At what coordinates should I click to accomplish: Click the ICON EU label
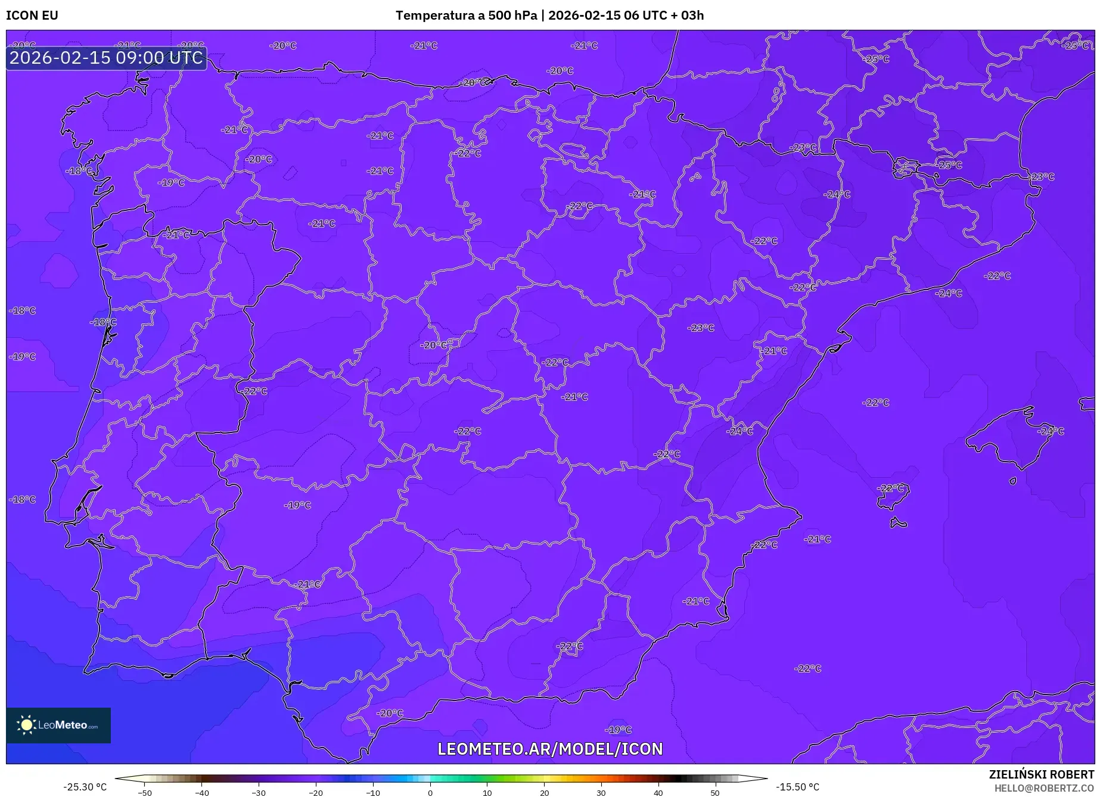pos(32,15)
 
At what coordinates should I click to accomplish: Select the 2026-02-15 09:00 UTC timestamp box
pos(106,58)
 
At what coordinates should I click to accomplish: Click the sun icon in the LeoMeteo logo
pos(27,725)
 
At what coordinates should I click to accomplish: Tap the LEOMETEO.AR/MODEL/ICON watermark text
pos(550,749)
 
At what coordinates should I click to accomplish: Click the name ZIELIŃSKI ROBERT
pos(1042,774)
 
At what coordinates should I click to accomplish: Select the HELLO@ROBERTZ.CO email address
pos(1044,788)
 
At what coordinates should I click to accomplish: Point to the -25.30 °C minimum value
pos(85,787)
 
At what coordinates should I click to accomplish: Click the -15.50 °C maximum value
pos(797,787)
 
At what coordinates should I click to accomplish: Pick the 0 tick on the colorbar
pos(430,793)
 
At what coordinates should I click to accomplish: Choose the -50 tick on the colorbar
pos(145,793)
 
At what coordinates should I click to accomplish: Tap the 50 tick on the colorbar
pos(715,793)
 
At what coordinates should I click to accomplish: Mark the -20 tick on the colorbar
pos(316,793)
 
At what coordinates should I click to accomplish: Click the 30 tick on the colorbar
pos(601,793)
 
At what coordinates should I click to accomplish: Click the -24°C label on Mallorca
pos(1051,431)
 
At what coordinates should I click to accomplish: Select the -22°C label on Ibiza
pos(890,488)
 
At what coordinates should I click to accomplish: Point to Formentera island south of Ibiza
pos(898,524)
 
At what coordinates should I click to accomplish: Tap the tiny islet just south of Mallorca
pos(1012,481)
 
